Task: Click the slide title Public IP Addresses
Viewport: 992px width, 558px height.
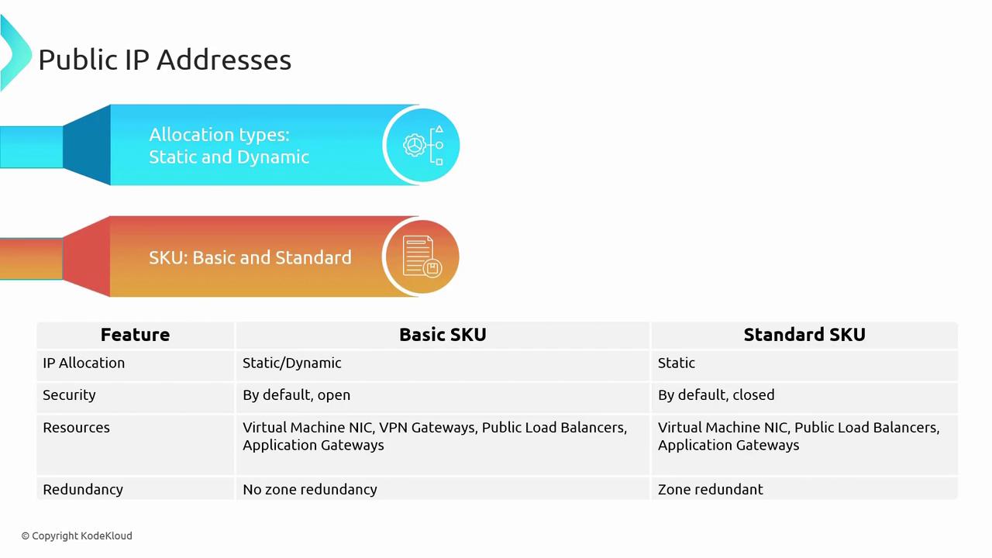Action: click(165, 60)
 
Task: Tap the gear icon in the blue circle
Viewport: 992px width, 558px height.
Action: click(415, 145)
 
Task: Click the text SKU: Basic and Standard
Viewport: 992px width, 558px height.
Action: click(250, 257)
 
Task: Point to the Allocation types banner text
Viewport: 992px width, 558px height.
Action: click(229, 146)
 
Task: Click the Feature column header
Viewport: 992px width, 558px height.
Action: click(135, 335)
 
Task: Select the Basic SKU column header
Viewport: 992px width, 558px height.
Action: click(443, 335)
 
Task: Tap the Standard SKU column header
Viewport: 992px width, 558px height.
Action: click(804, 335)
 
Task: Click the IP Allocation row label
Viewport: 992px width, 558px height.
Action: click(84, 363)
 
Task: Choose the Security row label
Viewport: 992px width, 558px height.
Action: click(69, 395)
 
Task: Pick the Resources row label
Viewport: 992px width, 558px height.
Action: click(76, 427)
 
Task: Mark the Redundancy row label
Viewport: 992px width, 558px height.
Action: click(83, 490)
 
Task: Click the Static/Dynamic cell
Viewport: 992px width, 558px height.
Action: click(292, 363)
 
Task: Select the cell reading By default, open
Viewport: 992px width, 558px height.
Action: click(296, 395)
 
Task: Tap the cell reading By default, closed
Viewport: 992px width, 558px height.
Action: click(716, 395)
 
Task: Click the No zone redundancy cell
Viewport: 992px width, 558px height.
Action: click(310, 489)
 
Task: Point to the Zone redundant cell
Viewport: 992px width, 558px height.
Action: click(711, 489)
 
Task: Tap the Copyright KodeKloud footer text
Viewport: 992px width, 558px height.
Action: click(77, 536)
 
